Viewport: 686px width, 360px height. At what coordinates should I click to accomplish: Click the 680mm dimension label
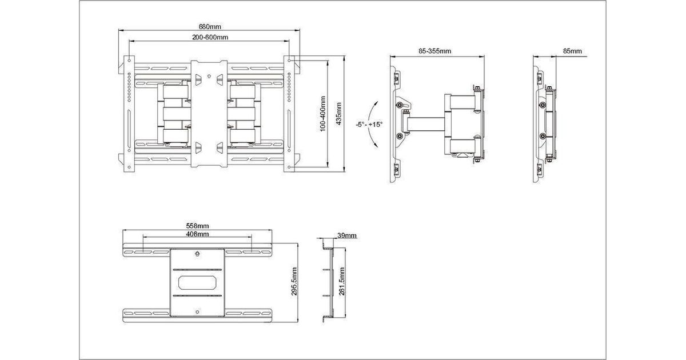210,27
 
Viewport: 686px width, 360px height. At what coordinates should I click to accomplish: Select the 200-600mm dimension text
210,37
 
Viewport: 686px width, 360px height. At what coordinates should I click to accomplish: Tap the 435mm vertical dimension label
338,114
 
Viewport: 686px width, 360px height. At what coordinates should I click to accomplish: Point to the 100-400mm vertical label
322,114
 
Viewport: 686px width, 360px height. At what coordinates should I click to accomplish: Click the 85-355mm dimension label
435,51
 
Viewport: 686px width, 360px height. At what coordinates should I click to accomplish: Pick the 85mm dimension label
572,51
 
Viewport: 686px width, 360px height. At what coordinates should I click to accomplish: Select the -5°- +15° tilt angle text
369,125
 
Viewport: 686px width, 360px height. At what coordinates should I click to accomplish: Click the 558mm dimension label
198,226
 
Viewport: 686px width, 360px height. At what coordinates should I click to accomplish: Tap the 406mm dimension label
198,234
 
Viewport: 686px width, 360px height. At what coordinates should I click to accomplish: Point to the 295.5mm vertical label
294,281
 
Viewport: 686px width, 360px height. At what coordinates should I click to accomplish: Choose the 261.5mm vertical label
342,281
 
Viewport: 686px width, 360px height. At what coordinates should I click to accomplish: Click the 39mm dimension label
347,235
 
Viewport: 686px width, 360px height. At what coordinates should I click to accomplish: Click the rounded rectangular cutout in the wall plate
197,282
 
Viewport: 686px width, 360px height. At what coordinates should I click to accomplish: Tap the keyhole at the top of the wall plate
197,254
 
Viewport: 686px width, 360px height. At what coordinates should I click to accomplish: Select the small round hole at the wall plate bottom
197,312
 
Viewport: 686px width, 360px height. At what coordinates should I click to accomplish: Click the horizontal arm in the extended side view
426,125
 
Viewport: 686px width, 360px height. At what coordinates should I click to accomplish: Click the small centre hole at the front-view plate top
209,76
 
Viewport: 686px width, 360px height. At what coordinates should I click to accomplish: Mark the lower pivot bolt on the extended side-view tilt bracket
400,136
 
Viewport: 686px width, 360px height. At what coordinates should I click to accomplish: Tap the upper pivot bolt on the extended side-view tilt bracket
400,105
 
